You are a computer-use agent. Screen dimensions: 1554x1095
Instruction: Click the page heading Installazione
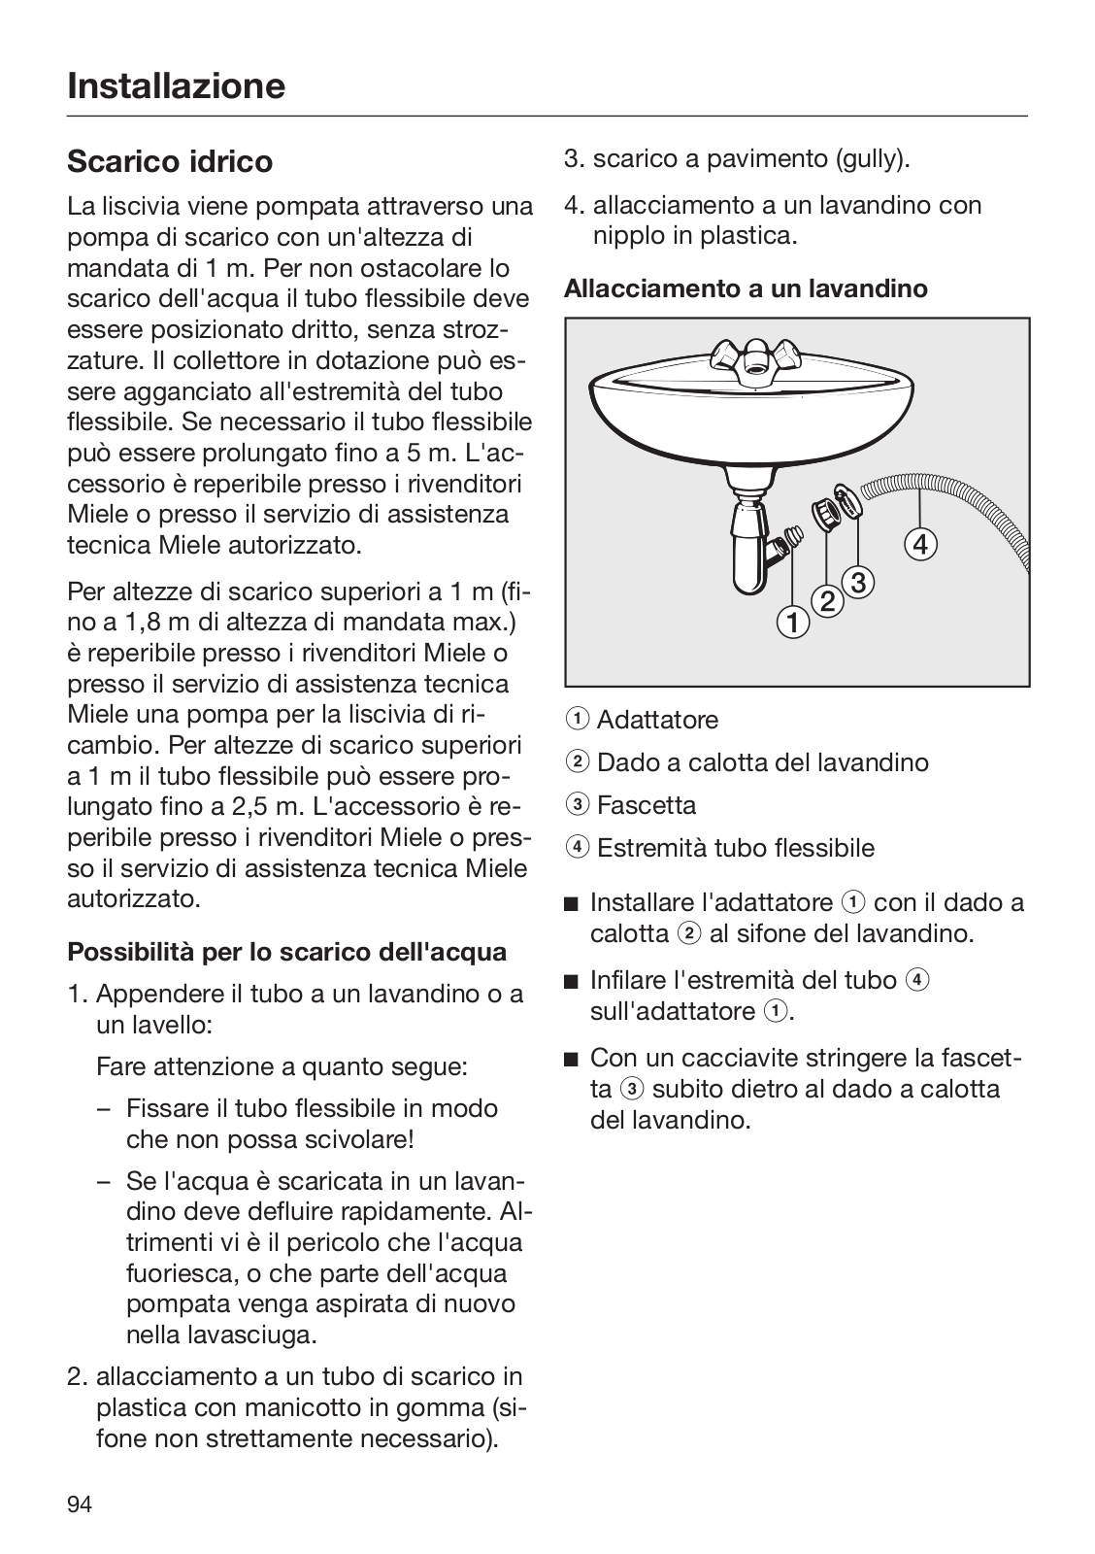176,85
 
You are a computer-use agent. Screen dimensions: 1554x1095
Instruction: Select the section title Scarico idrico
170,161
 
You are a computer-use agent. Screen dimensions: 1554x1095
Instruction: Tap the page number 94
80,1504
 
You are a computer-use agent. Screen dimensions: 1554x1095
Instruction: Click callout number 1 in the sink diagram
793,623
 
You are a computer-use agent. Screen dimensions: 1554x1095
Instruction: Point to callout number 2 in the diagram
828,602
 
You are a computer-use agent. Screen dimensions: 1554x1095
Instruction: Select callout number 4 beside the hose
921,544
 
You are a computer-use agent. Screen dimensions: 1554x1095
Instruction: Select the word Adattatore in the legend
657,720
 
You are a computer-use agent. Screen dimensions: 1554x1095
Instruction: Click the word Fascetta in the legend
647,805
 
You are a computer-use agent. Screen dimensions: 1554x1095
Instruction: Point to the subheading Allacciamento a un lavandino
746,288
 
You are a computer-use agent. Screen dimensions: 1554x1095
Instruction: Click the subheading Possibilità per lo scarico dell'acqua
286,951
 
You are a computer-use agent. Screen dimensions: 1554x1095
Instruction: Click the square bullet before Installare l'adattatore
571,904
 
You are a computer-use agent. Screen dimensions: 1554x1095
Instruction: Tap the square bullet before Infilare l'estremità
571,981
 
